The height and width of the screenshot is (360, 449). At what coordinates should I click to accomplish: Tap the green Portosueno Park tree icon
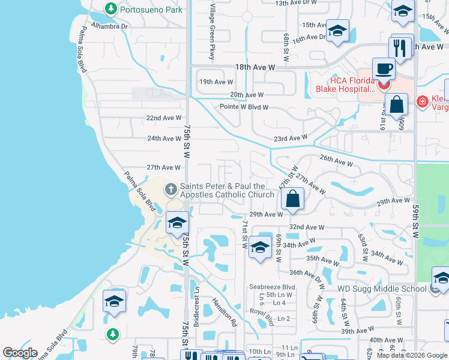click(110, 9)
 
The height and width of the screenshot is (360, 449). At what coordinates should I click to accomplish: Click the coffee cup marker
click(383, 69)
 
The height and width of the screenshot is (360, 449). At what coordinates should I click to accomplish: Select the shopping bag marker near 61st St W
click(397, 104)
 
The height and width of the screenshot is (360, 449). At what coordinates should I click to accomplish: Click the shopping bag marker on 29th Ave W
click(292, 199)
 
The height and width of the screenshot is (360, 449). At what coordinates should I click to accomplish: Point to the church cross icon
click(170, 190)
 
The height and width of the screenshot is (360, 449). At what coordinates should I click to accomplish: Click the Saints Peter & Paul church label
click(227, 190)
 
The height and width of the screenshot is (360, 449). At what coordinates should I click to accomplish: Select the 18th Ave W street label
click(255, 68)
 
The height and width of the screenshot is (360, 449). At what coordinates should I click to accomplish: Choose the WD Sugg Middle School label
click(382, 289)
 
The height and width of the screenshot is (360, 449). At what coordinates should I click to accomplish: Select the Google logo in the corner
click(20, 352)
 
